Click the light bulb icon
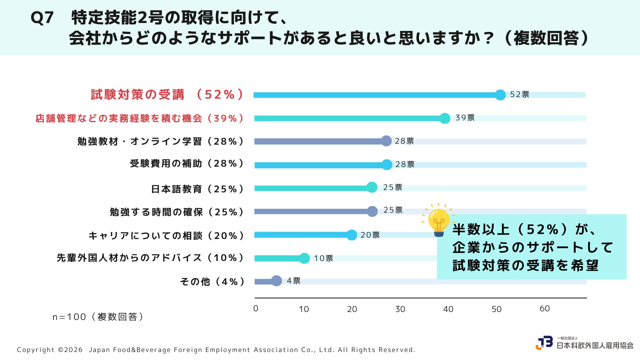(x=439, y=220)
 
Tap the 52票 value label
(x=520, y=94)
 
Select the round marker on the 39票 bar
(x=445, y=118)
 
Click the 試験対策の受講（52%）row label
(x=167, y=94)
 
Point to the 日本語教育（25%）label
(x=198, y=189)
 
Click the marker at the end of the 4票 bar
(x=276, y=281)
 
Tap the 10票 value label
(x=323, y=258)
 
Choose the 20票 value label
(x=370, y=235)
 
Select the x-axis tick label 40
(x=448, y=309)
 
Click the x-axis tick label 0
(x=256, y=309)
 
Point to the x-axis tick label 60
(x=545, y=309)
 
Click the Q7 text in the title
(x=42, y=18)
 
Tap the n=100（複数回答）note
(x=98, y=317)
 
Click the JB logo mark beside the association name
(x=544, y=343)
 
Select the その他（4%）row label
(x=213, y=282)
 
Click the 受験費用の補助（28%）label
(x=187, y=163)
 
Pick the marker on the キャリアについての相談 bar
(x=352, y=235)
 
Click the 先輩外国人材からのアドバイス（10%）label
(x=151, y=258)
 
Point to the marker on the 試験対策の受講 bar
(x=500, y=95)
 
